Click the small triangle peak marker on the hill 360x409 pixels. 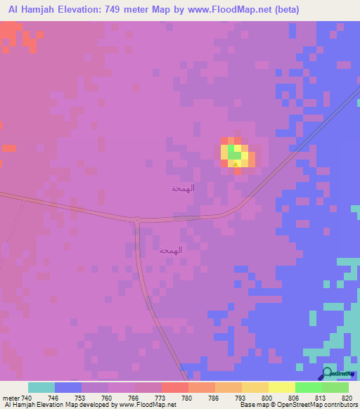click(236, 162)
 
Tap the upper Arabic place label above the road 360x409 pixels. click(183, 188)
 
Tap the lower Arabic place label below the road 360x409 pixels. click(171, 250)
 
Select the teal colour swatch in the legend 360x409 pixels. click(41, 387)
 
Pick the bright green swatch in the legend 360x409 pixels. click(309, 387)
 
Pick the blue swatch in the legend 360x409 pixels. click(68, 387)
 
